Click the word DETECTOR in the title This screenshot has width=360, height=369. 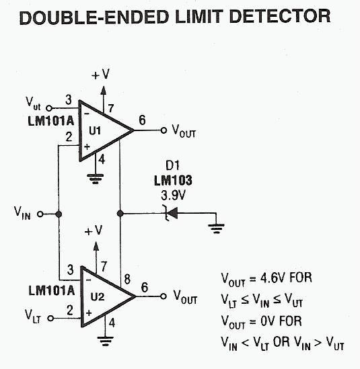[280, 17]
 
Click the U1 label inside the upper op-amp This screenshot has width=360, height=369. [95, 130]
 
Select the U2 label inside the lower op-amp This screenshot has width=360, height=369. [98, 297]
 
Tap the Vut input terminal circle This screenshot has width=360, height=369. [49, 108]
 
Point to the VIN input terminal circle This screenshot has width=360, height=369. [40, 214]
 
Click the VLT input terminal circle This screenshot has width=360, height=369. [50, 319]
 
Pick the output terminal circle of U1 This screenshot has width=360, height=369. [164, 130]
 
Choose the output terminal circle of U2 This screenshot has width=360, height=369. [164, 296]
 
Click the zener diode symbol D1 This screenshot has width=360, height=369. [172, 213]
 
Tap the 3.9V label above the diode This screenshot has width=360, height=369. [173, 196]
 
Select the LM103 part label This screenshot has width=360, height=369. [173, 181]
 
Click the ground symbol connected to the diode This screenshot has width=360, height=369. [216, 229]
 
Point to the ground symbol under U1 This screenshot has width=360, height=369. [95, 178]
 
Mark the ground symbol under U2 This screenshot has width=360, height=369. [106, 341]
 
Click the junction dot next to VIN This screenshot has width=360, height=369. [59, 214]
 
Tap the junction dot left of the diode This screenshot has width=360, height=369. [120, 214]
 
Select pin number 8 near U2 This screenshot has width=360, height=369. [127, 280]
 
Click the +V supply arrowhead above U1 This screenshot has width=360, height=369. [103, 91]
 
